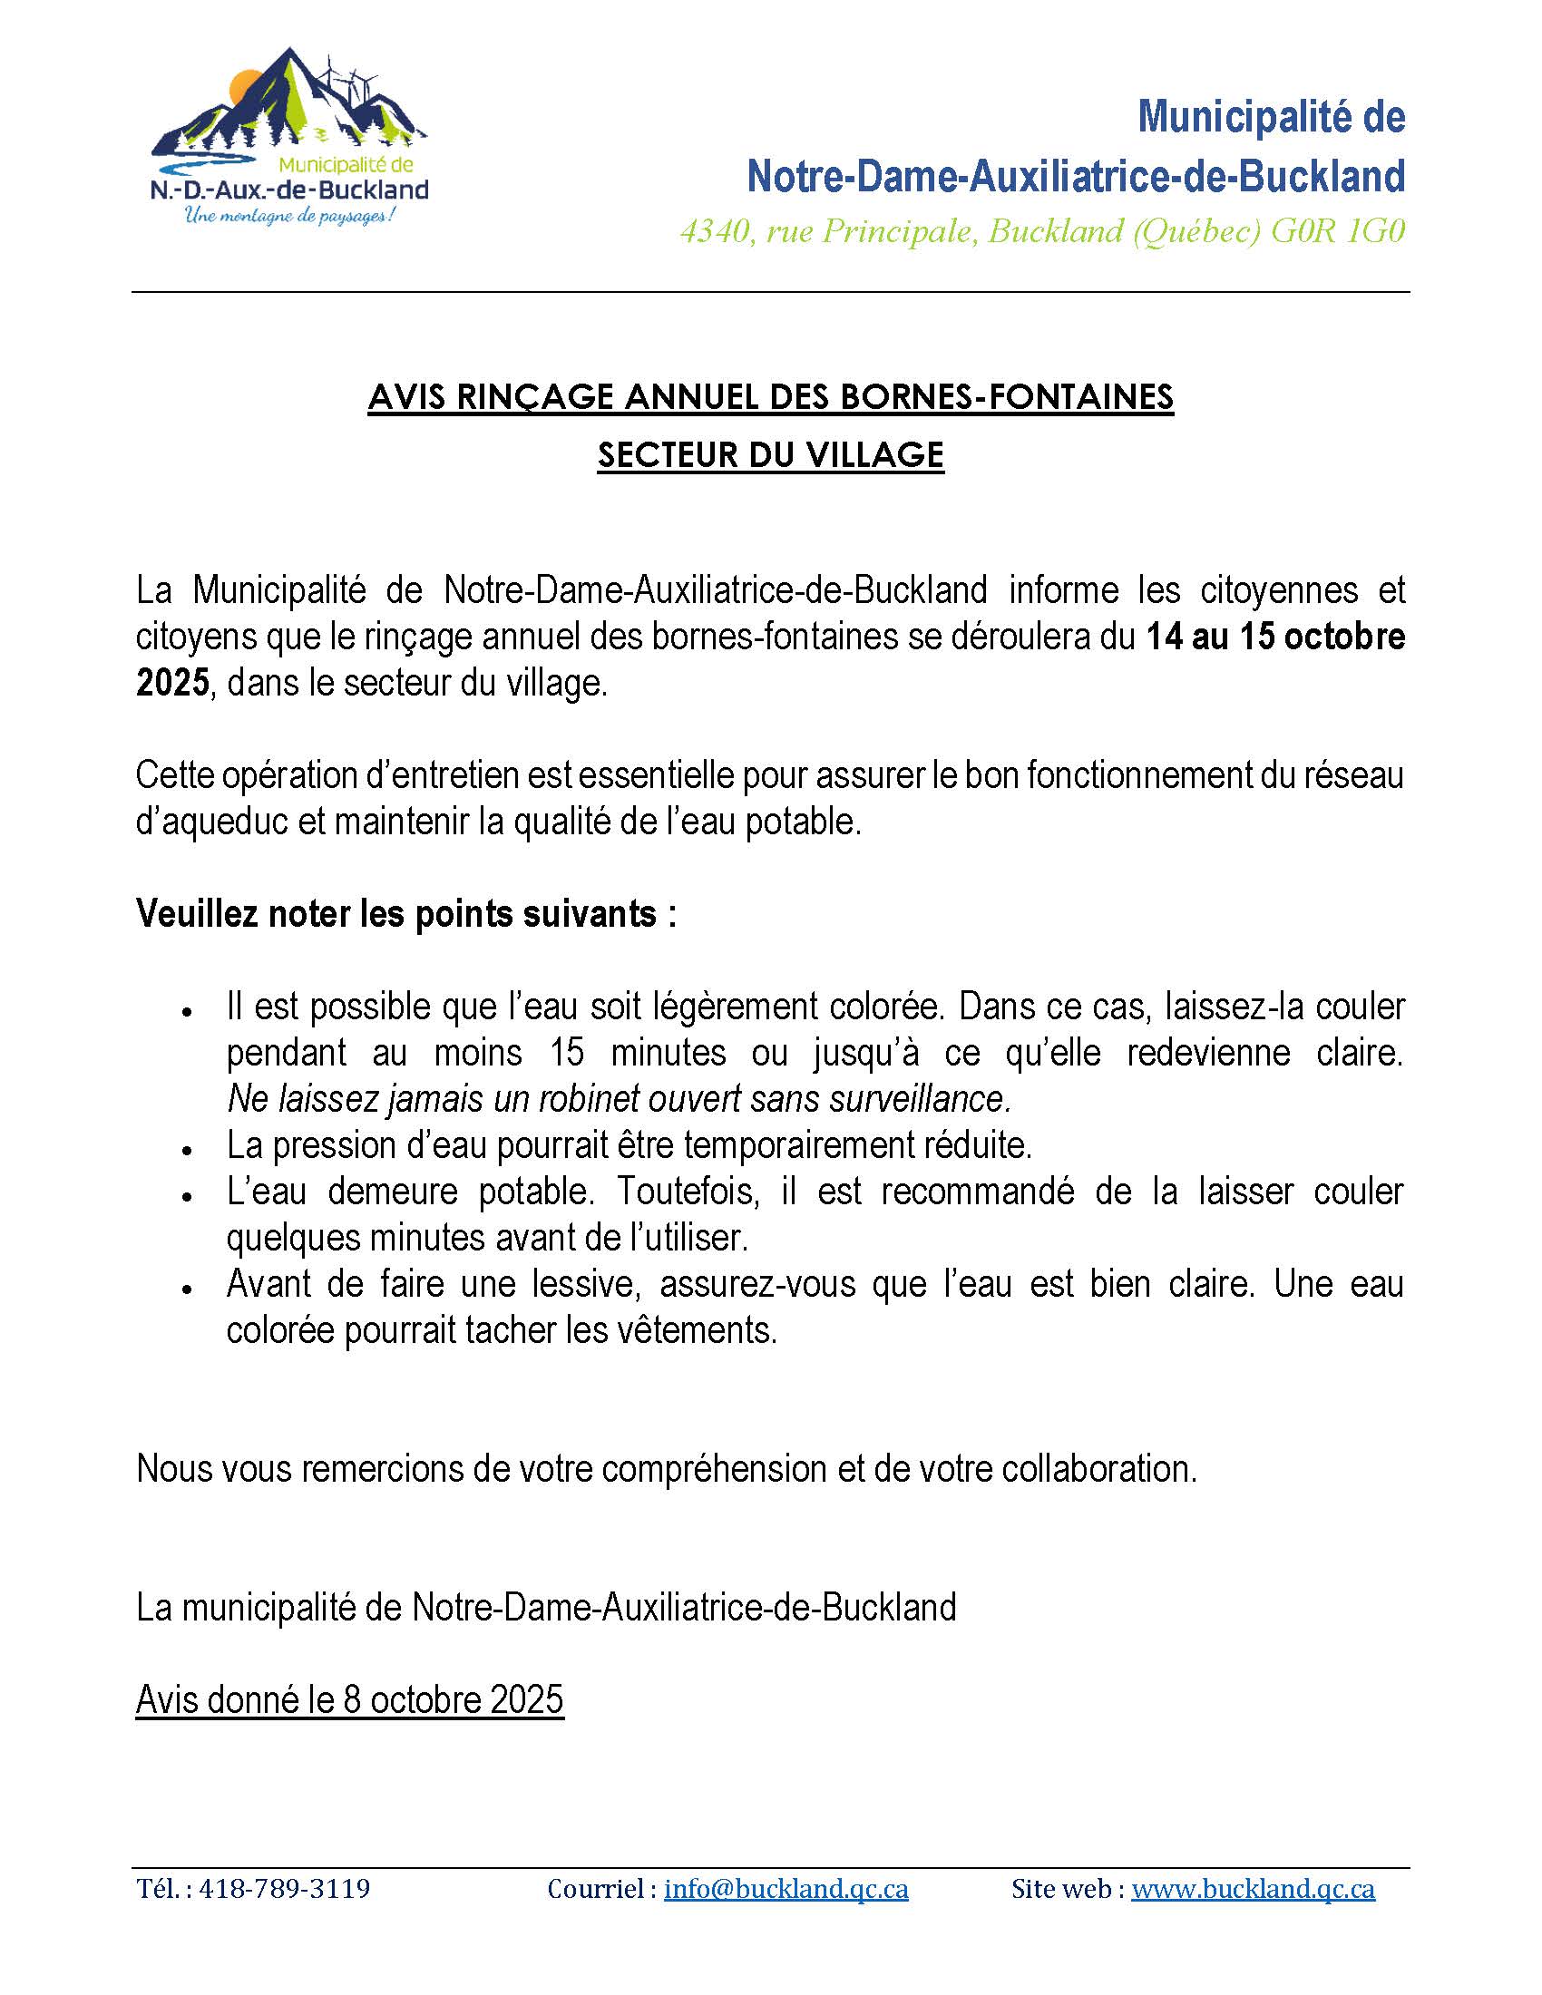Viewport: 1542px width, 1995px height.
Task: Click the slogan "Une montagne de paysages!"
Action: click(x=289, y=218)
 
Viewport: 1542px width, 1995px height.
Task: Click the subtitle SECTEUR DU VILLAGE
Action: click(x=770, y=455)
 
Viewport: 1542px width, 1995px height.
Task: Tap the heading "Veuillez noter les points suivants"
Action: click(x=405, y=913)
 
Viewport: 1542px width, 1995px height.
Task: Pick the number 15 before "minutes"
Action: click(x=566, y=1052)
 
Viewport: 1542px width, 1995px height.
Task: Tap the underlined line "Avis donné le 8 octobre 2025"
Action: click(x=350, y=1700)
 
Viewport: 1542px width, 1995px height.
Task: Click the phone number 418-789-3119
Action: click(x=284, y=1889)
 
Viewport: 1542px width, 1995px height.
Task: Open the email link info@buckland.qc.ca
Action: click(x=786, y=1889)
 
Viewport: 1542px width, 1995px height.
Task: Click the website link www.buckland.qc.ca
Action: click(x=1253, y=1889)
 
